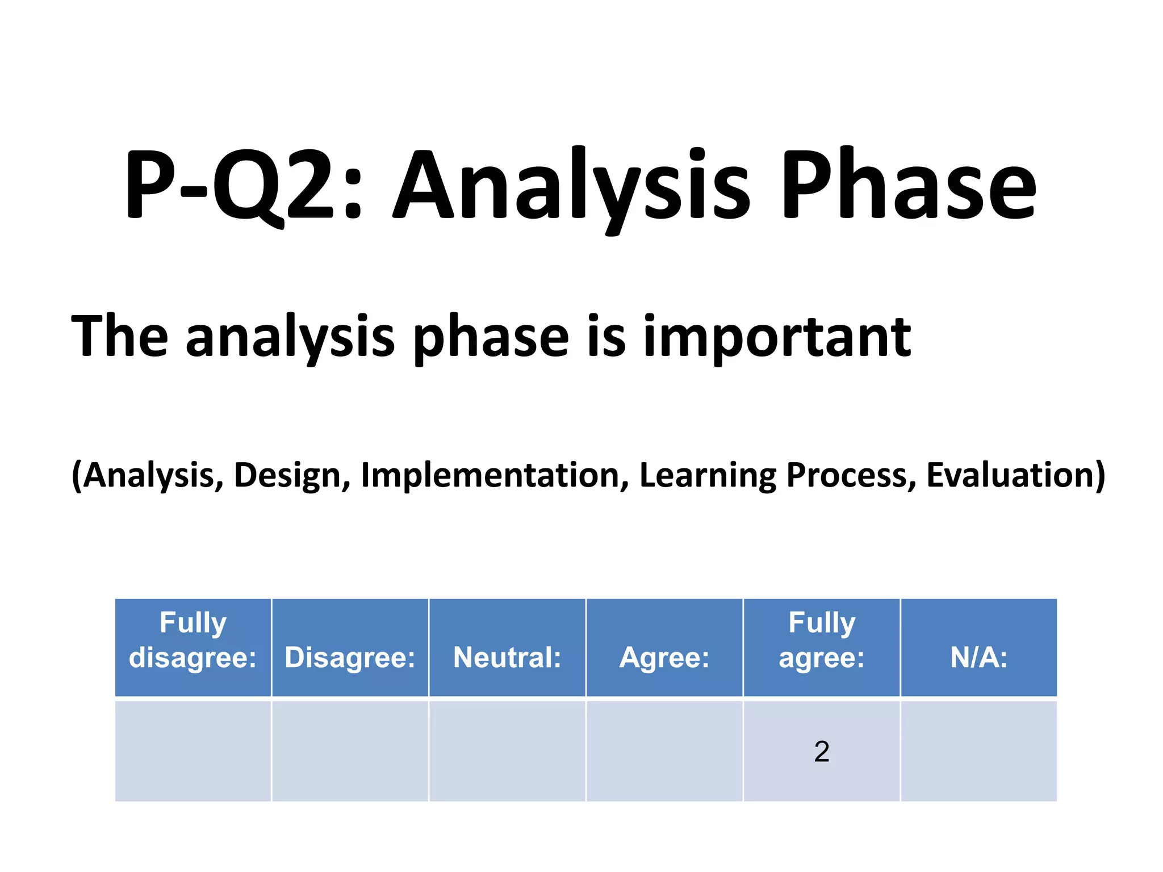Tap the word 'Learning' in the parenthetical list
pyautogui.click(x=706, y=475)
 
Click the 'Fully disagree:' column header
pyautogui.click(x=193, y=640)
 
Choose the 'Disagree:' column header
pyautogui.click(x=350, y=657)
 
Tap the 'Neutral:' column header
pyautogui.click(x=507, y=657)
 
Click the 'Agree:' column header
pyautogui.click(x=664, y=657)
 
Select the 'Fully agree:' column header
pyautogui.click(x=821, y=640)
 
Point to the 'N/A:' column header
pyautogui.click(x=978, y=657)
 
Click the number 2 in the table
pyautogui.click(x=821, y=752)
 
